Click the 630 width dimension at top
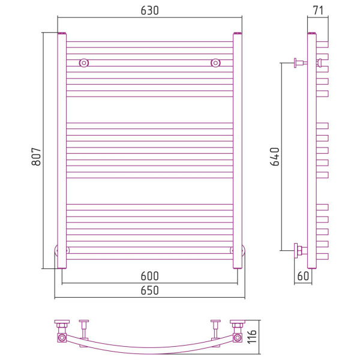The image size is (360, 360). (149, 11)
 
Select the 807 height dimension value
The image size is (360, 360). (36, 157)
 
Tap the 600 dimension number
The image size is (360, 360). (149, 276)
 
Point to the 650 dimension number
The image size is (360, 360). (149, 290)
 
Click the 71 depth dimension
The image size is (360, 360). (318, 11)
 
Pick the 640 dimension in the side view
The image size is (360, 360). (275, 157)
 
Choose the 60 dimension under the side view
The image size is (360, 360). (303, 276)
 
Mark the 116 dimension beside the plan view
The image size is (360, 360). (252, 337)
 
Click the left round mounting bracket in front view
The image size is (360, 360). (84, 62)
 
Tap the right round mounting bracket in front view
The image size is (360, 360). (215, 62)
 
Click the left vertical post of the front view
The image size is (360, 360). (62, 151)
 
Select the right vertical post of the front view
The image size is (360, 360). (238, 151)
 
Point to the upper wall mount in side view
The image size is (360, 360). (300, 62)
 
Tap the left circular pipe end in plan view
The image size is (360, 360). (62, 338)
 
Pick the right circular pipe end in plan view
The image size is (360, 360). (238, 338)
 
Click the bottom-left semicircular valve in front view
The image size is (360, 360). (56, 250)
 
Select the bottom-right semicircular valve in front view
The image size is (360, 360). (244, 250)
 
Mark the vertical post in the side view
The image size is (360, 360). (312, 151)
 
